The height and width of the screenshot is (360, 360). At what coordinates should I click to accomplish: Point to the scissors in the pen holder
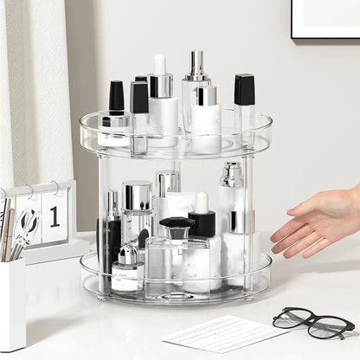27,227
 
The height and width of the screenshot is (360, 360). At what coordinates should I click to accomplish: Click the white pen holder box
12,303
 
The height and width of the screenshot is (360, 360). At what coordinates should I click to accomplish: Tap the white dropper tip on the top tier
160,65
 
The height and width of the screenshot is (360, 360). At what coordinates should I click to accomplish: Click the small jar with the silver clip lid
127,268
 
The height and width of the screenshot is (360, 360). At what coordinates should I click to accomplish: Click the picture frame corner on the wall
324,21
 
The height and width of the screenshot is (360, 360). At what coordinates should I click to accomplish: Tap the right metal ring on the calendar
55,186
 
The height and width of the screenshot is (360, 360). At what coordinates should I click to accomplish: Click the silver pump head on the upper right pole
231,174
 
